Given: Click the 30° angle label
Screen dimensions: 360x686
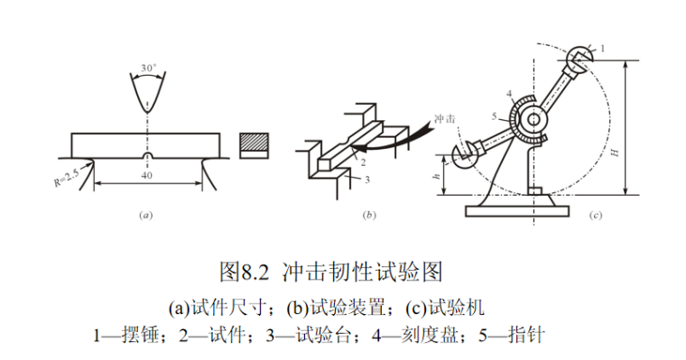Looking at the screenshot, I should pos(147,68).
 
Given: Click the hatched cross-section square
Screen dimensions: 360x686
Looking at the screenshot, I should pos(253,142).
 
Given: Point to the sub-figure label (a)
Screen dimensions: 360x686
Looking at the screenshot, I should pos(144,216).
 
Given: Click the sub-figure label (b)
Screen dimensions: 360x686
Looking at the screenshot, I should pos(368,216).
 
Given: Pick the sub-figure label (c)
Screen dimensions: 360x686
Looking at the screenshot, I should pos(595,216).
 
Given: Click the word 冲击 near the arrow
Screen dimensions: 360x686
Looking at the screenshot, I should pos(445,118).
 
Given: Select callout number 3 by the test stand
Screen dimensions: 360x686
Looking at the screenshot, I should pos(367,180).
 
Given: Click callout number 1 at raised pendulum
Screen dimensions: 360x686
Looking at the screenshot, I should pos(603,46).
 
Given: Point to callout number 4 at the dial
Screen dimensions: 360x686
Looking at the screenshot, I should pos(509,93).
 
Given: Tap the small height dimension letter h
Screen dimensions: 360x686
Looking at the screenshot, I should pos(437,177).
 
